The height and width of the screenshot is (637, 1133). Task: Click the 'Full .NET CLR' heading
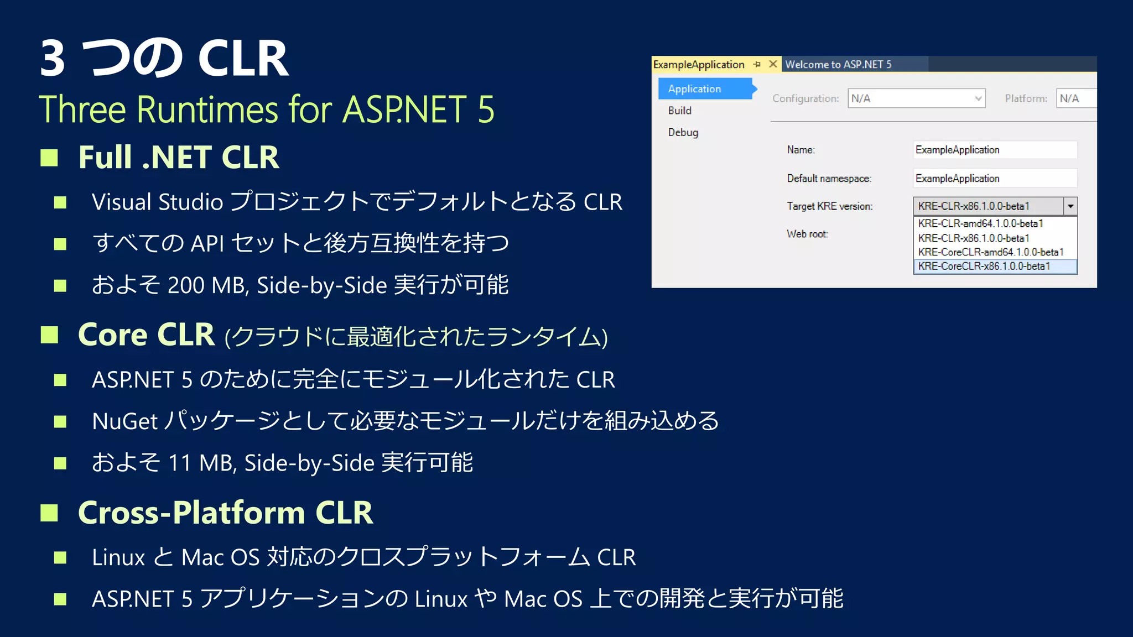click(x=178, y=157)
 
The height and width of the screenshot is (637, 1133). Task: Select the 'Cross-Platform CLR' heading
click(x=225, y=512)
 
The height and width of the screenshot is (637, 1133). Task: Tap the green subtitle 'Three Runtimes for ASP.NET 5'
click(x=266, y=109)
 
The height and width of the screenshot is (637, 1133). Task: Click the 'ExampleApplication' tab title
click(x=699, y=65)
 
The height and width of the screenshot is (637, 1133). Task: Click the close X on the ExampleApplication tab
click(x=773, y=64)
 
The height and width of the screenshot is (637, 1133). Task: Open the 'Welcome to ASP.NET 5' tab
click(x=838, y=65)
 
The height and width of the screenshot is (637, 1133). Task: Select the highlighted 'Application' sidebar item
click(x=695, y=89)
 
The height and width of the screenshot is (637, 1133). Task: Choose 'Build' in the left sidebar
click(x=680, y=111)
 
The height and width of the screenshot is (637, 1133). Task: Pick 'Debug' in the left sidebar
click(x=683, y=133)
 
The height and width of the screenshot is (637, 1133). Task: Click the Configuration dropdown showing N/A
click(x=916, y=98)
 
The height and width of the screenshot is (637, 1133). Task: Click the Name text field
click(x=995, y=150)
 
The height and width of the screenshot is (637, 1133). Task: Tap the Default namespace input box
click(x=995, y=179)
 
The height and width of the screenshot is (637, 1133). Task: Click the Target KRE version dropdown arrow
click(x=1070, y=206)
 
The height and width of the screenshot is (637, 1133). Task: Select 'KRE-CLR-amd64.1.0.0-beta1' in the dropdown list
click(x=980, y=224)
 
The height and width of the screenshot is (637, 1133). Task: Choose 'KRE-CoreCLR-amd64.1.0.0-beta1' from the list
click(x=990, y=252)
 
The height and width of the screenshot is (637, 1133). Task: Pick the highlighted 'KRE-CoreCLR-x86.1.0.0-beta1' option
click(x=984, y=267)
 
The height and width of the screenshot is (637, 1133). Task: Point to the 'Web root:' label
click(x=807, y=234)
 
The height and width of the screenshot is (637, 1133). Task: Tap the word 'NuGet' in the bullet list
click(x=125, y=421)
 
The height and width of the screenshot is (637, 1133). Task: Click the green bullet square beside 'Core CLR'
click(x=49, y=335)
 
